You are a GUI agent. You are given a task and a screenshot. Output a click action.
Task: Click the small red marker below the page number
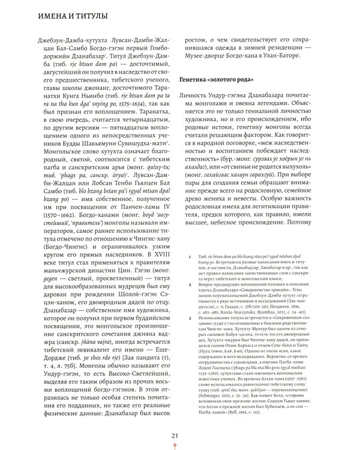[x=175, y=446]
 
